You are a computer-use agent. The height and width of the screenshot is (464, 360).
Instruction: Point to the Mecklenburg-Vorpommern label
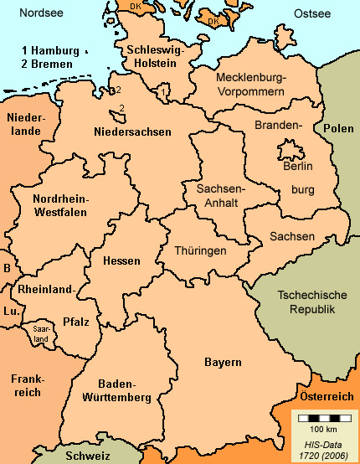coord(251,84)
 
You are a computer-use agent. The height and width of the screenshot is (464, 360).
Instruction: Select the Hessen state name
coord(121,260)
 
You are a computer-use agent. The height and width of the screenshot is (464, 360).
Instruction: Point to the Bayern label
coord(223,362)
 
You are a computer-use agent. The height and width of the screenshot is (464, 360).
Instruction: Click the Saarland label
coord(40,333)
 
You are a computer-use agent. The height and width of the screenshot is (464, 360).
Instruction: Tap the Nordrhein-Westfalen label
coord(60,205)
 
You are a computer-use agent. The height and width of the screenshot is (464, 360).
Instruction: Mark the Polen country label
coord(339,129)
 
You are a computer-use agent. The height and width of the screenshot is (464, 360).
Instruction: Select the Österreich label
coord(325,394)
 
